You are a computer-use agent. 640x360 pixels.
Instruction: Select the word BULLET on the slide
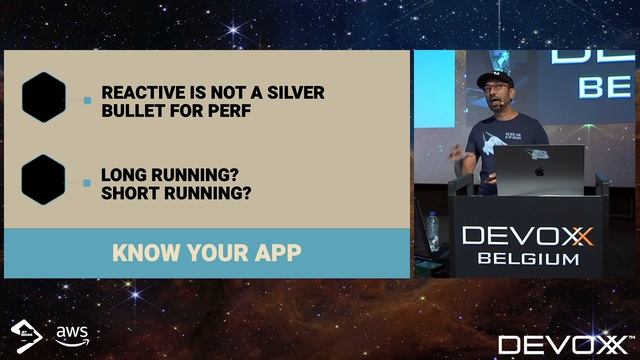(x=133, y=111)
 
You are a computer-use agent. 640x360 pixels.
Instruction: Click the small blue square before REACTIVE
(x=88, y=101)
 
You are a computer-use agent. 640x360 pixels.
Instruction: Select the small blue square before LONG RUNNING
(x=88, y=182)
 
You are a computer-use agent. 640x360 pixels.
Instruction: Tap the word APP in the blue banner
(x=273, y=252)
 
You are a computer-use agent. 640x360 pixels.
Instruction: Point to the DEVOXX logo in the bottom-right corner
(x=566, y=344)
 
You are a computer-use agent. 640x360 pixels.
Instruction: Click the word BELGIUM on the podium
(x=528, y=259)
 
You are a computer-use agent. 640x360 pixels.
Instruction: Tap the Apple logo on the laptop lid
(x=539, y=170)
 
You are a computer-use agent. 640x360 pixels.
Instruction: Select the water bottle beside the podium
(x=432, y=229)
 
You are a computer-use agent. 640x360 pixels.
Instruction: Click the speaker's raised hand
(x=457, y=151)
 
